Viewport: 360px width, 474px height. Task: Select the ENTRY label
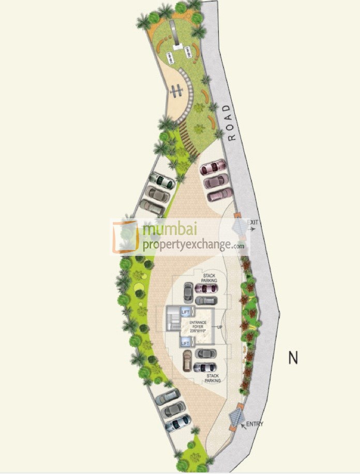click(x=254, y=424)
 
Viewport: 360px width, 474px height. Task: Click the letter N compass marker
click(x=293, y=358)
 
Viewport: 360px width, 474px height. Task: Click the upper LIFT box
click(x=185, y=311)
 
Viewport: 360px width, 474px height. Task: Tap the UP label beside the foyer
click(x=220, y=327)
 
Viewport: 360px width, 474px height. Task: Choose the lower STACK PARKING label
click(x=212, y=378)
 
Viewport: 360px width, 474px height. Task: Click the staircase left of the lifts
click(x=172, y=327)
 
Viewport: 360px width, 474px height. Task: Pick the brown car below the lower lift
click(x=187, y=360)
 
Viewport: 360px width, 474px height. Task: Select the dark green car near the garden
click(x=161, y=181)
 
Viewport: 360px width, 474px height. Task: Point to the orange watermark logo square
click(x=126, y=237)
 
